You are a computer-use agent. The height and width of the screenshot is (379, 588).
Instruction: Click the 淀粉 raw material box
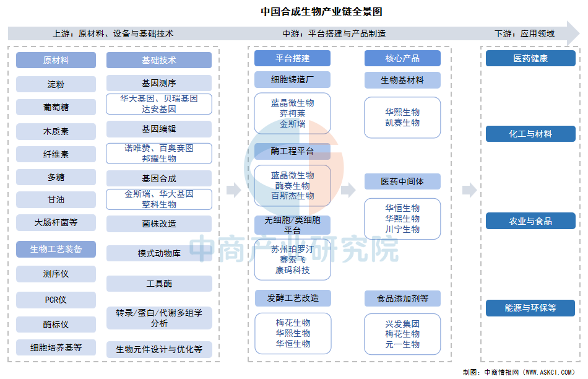point(56,84)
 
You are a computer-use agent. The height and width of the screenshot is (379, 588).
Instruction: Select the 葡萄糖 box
point(56,107)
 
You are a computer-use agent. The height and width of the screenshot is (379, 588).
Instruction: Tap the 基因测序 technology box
point(159,83)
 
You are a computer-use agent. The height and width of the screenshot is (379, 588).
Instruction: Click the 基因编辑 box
point(159,129)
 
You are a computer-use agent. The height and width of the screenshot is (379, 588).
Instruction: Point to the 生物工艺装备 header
point(56,249)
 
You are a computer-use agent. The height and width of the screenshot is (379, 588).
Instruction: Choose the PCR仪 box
point(56,300)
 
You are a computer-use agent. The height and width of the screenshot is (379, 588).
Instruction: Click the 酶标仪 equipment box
point(56,325)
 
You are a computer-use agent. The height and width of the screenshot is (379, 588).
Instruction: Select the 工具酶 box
point(159,284)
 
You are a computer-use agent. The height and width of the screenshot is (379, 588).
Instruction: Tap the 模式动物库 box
point(159,253)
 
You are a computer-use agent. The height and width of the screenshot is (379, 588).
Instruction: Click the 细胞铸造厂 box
point(293,79)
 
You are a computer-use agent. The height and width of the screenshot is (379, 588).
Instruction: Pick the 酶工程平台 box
point(293,151)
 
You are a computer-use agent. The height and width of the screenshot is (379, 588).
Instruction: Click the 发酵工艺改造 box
point(293,298)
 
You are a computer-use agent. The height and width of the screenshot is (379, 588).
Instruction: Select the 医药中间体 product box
point(402,181)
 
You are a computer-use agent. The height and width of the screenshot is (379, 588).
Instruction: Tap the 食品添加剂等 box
point(402,298)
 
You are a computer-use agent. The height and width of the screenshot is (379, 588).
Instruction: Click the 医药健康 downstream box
point(530,59)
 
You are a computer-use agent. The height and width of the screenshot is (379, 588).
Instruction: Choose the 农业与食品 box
point(530,221)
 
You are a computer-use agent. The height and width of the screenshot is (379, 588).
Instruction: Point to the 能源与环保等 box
point(530,308)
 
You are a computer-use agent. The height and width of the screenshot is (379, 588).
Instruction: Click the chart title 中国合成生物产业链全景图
point(322,12)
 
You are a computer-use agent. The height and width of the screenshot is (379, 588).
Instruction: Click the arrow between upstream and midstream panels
point(234,190)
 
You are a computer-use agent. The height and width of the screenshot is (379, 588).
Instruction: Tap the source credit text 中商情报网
point(501,372)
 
